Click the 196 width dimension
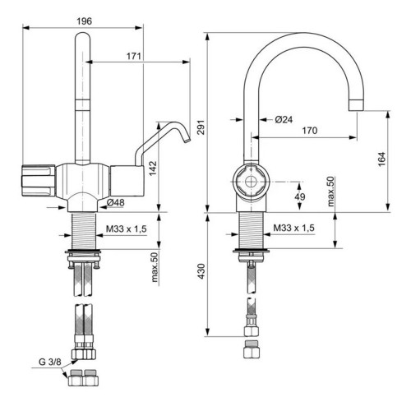coord(84,21)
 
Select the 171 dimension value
coord(134,56)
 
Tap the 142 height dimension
coord(153,169)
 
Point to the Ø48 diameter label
coord(116,202)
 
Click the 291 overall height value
coord(201,127)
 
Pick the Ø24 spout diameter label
coord(284,119)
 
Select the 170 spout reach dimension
coord(310,131)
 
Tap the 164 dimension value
coord(381,159)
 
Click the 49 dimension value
coord(300,196)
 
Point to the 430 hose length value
coord(201,271)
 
